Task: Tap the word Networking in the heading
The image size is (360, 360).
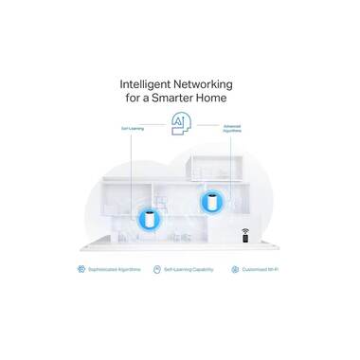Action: pos(214,79)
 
